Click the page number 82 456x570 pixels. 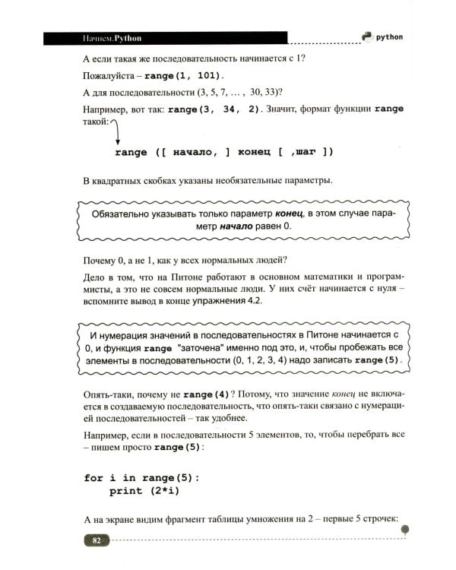pos(97,540)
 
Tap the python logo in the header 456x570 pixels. pos(367,36)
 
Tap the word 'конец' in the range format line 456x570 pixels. pos(250,152)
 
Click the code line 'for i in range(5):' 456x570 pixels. pos(141,477)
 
